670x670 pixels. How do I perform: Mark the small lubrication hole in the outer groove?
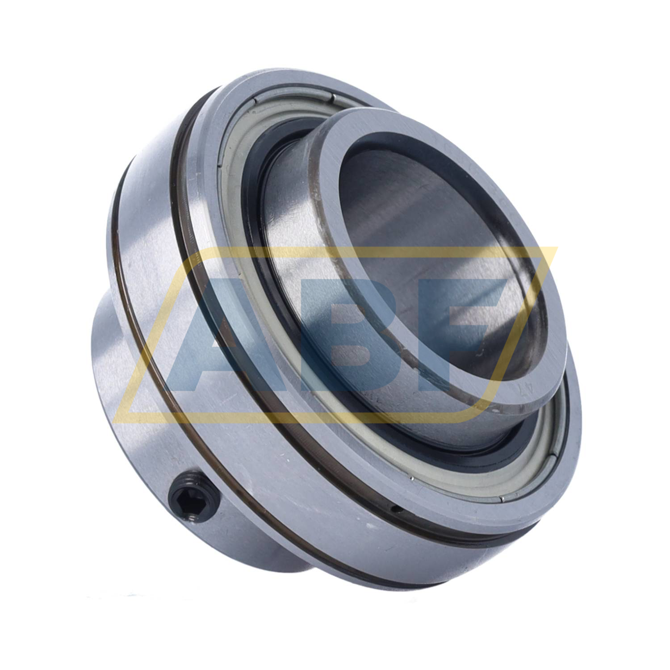coord(395,508)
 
